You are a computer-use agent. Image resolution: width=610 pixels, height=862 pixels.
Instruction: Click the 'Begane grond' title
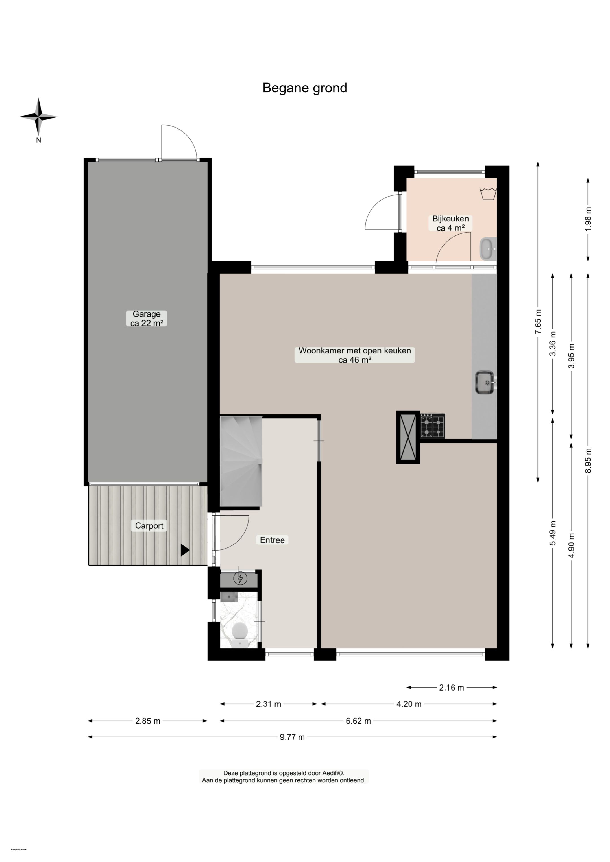coord(305,88)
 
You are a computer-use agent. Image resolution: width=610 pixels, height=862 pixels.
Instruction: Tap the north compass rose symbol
coord(39,117)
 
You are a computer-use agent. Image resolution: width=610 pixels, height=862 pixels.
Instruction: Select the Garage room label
coord(147,318)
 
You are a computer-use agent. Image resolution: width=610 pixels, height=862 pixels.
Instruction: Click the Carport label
coord(149,526)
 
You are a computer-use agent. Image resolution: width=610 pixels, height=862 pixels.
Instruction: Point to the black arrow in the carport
coord(184,550)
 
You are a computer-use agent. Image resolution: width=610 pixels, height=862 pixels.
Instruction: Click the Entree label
coord(272,540)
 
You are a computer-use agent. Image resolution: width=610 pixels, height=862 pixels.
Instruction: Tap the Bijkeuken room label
coord(450,223)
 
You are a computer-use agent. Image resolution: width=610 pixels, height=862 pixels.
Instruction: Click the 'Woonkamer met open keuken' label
coord(355,355)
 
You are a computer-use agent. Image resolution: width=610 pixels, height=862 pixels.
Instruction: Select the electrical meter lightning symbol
coord(240,578)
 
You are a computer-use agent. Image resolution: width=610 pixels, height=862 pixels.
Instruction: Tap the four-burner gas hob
coord(432,426)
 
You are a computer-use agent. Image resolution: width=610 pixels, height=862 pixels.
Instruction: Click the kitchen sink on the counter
coord(485,382)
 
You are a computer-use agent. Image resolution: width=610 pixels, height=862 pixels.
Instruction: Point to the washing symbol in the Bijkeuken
coord(488,194)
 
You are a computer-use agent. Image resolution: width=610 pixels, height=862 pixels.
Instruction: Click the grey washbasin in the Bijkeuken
coord(487,248)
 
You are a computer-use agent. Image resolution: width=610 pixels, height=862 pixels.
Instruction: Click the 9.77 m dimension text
coord(292,737)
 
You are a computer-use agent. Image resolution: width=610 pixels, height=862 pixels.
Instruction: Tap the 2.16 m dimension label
coord(452,688)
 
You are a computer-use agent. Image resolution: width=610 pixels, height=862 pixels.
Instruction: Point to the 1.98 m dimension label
coord(588,219)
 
